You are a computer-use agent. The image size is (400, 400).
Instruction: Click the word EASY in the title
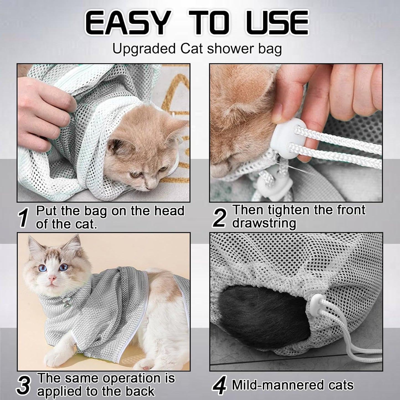[126, 23]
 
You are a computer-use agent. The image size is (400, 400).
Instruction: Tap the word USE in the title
[277, 23]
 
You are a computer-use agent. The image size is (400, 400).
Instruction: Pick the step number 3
[24, 387]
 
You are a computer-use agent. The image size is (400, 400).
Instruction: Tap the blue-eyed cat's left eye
[64, 267]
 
